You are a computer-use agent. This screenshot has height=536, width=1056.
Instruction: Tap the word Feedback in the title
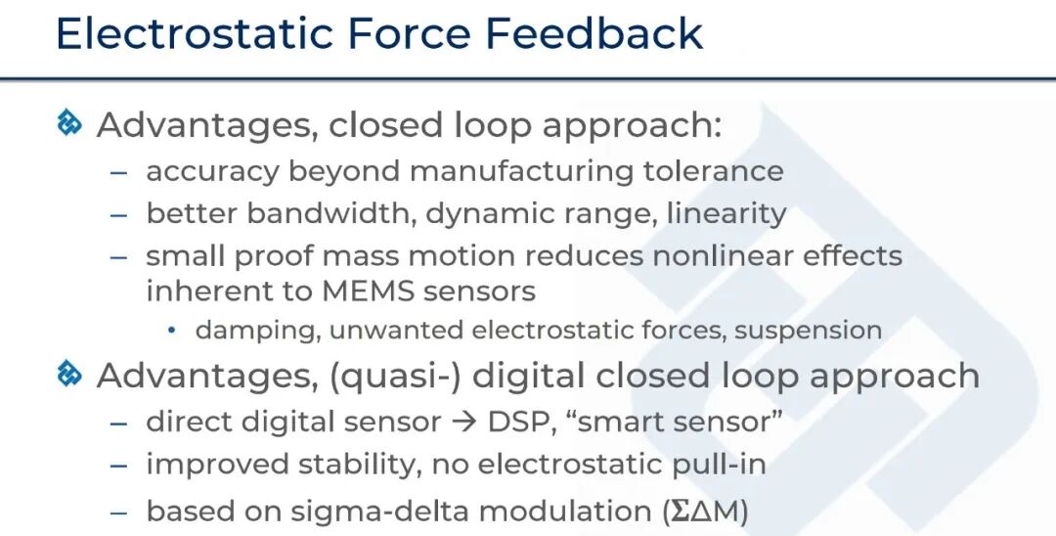click(x=594, y=33)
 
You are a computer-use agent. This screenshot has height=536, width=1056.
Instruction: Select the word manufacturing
click(x=521, y=172)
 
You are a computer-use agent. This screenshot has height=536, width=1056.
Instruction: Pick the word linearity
click(x=726, y=213)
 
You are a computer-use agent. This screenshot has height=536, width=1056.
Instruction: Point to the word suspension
click(x=809, y=332)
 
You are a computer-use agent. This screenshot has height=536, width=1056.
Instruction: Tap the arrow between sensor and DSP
click(x=464, y=423)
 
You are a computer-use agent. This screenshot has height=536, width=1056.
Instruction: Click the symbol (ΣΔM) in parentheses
click(x=705, y=512)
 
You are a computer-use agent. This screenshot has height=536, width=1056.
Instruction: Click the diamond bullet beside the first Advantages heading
click(x=69, y=123)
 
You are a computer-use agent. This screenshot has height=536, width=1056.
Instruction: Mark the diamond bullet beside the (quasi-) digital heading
click(x=69, y=374)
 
